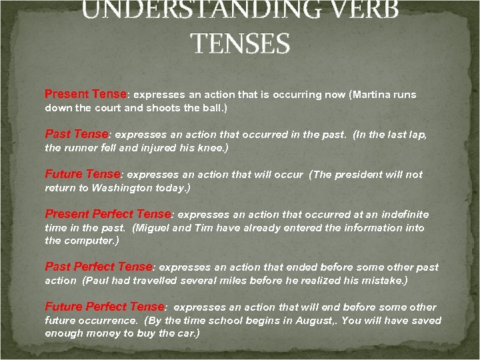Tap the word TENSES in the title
pyautogui.click(x=240, y=44)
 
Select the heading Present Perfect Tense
pyautogui.click(x=108, y=214)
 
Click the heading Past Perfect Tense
pyautogui.click(x=99, y=267)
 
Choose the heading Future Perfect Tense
pyautogui.click(x=104, y=307)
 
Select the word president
pyautogui.click(x=366, y=175)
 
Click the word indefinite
pyautogui.click(x=400, y=215)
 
